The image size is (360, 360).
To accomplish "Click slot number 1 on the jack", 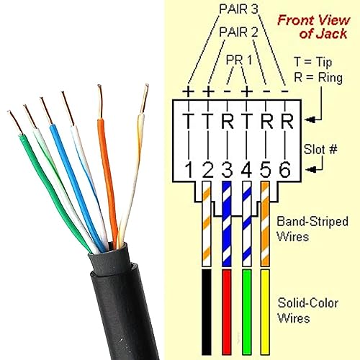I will click(x=189, y=170).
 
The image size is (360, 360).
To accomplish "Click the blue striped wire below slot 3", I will click(x=227, y=230).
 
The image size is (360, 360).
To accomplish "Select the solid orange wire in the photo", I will click(x=104, y=166).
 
